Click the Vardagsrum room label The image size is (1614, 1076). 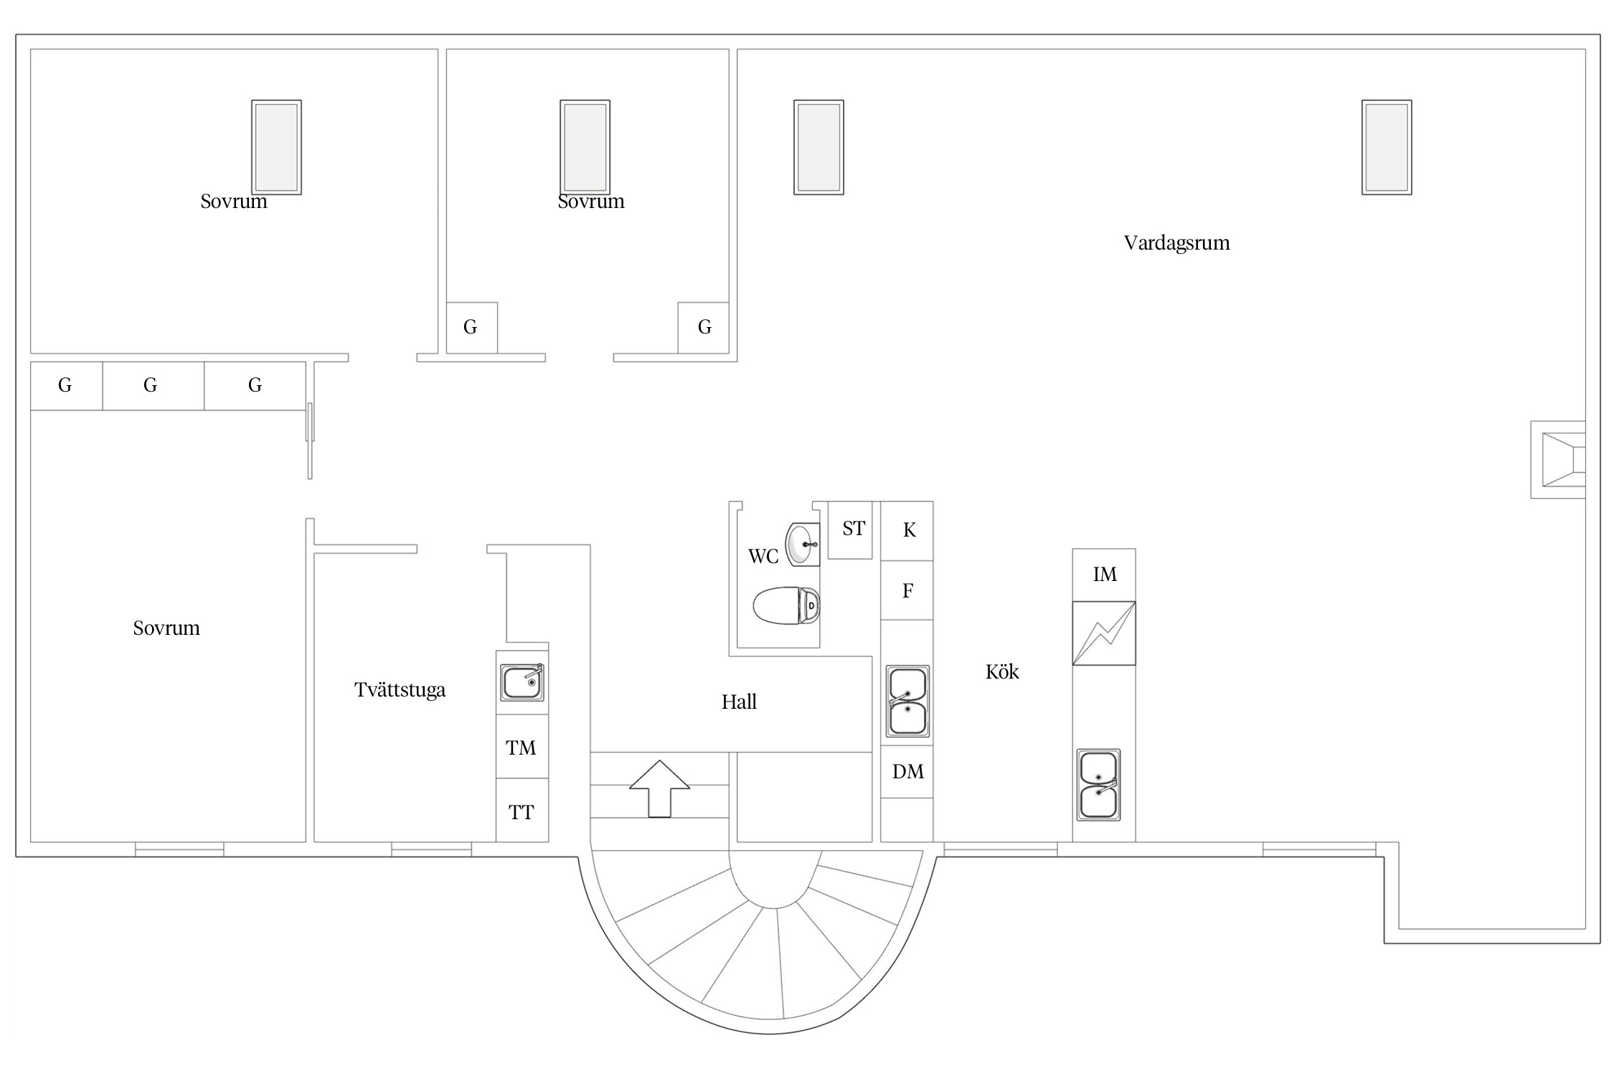[x=1176, y=243]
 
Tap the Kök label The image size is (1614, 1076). [x=1002, y=671]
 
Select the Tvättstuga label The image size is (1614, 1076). [x=400, y=690]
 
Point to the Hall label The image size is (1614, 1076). [x=739, y=702]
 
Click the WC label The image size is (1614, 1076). [x=763, y=557]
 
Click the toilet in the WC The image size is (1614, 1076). [x=786, y=605]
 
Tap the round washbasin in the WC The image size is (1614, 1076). [x=803, y=544]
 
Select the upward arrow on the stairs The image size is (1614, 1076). [x=659, y=788]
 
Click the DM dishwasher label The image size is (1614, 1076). [x=907, y=772]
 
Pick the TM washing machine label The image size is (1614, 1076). [x=521, y=748]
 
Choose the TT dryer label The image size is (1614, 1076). [x=521, y=813]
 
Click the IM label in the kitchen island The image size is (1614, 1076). [x=1105, y=574]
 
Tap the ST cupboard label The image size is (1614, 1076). [x=854, y=529]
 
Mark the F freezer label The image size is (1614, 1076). [x=907, y=591]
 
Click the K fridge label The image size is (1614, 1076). [x=909, y=530]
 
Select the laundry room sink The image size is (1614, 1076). [x=522, y=682]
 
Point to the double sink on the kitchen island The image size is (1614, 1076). [x=1098, y=785]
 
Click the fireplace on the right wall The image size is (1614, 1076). [x=1558, y=460]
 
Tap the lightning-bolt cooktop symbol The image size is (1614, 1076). [x=1104, y=633]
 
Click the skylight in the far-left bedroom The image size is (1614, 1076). [x=276, y=147]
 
